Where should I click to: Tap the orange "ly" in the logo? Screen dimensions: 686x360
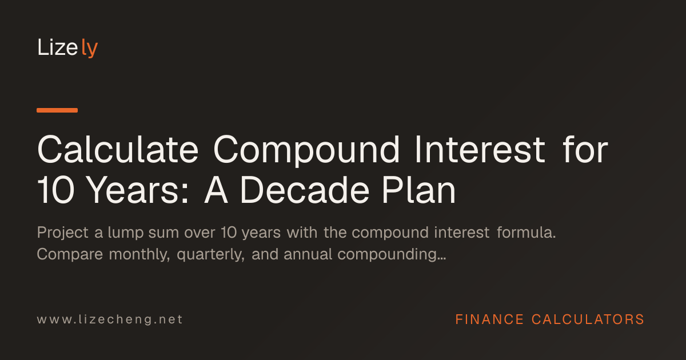[89, 48]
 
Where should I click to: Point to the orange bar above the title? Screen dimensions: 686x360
[57, 110]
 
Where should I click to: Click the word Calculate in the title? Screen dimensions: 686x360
[118, 150]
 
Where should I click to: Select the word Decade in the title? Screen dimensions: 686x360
[304, 190]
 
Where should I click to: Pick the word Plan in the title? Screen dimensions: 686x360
[419, 190]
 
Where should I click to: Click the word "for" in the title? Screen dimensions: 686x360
[585, 149]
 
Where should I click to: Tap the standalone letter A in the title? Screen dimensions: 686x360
[216, 190]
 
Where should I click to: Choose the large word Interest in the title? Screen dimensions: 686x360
[480, 150]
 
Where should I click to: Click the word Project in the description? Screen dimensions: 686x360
[63, 233]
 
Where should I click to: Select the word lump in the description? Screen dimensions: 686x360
[126, 233]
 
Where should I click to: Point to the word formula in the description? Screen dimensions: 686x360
[526, 232]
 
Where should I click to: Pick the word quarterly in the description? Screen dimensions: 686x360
[211, 255]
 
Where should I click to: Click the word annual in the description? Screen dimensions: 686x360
[308, 254]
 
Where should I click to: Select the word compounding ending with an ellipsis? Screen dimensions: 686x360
[392, 255]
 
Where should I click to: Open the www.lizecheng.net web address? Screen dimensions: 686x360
[110, 319]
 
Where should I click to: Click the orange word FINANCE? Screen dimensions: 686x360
[489, 319]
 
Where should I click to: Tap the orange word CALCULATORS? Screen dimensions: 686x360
[588, 319]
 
